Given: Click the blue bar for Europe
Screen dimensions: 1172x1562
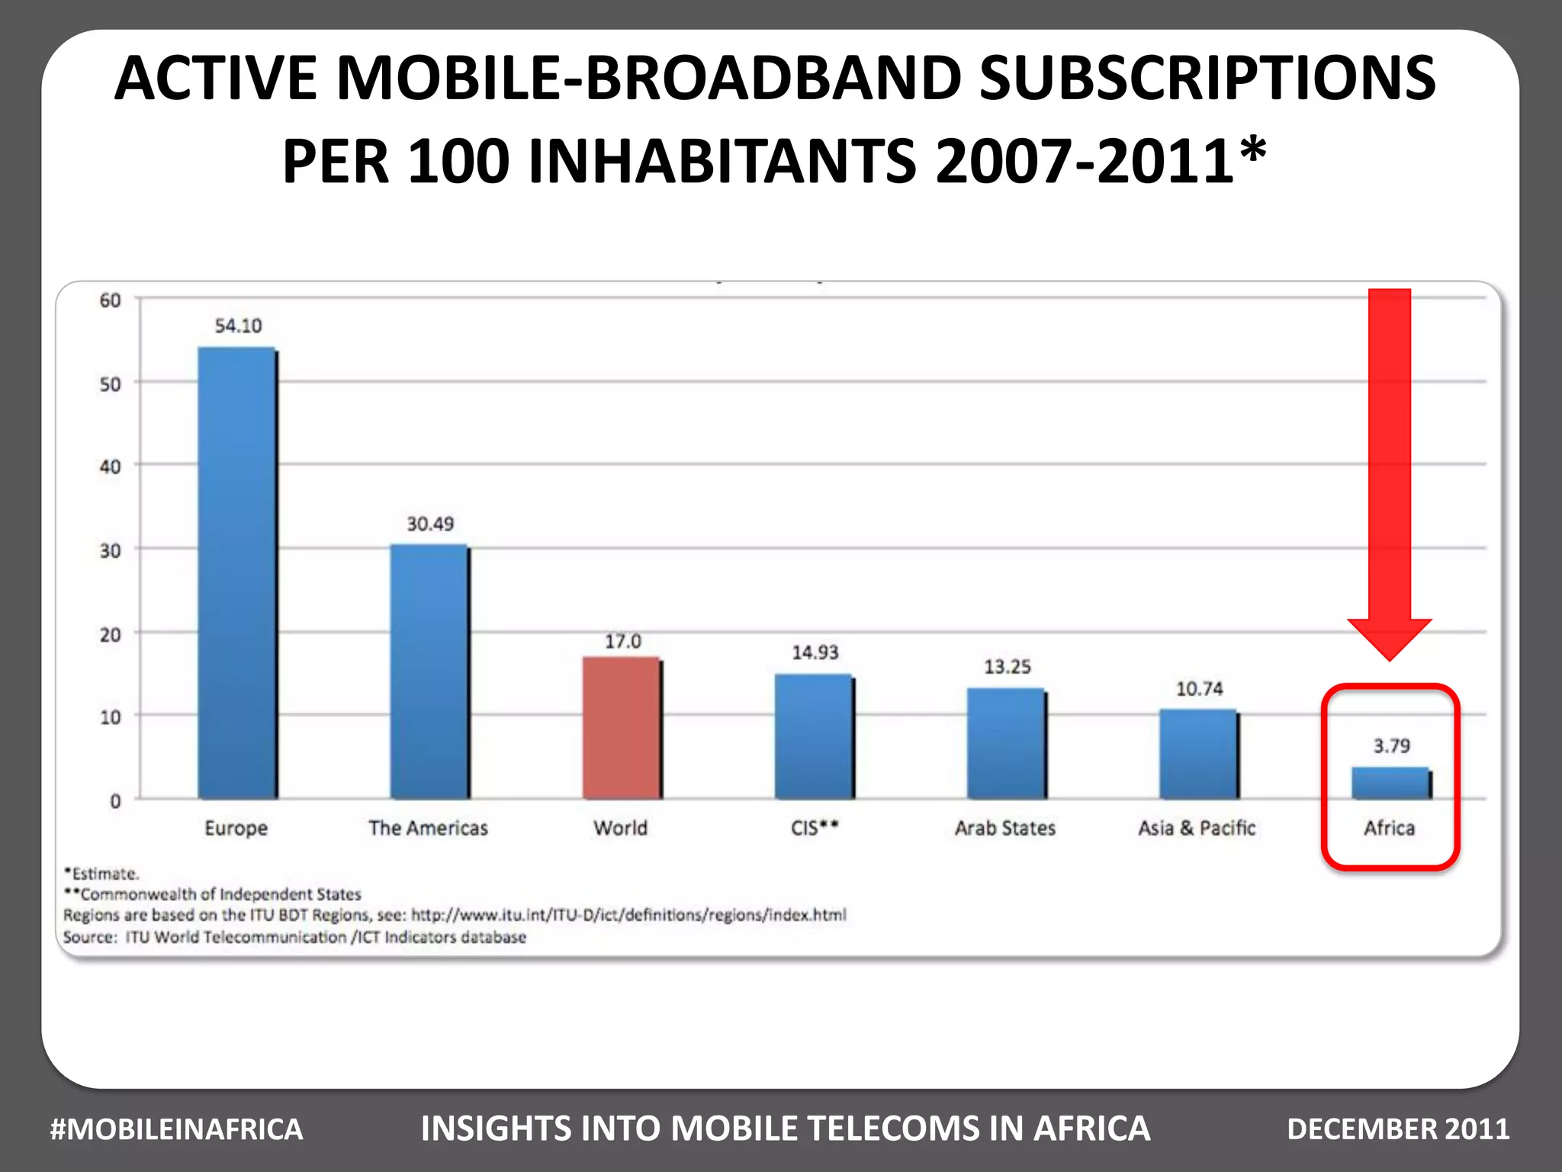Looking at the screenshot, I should [236, 572].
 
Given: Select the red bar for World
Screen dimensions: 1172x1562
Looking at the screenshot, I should [621, 728].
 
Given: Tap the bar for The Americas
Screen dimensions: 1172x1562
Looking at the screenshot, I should [429, 671].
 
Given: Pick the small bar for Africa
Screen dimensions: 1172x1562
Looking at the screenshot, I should [1390, 784].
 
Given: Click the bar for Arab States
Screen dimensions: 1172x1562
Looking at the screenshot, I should [1005, 743].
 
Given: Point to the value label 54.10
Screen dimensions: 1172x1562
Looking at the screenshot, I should [238, 327].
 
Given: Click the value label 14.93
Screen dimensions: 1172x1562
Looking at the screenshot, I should [815, 653].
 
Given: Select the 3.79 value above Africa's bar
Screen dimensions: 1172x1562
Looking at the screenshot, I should [1391, 746].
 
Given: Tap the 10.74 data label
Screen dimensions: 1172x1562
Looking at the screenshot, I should [1199, 690].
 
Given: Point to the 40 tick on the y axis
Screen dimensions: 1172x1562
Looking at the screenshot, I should [111, 466].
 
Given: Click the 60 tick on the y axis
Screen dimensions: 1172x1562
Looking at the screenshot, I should [111, 301].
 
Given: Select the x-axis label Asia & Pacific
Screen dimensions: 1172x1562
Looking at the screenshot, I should [1196, 829].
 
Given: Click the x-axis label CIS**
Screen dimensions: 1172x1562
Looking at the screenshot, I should [815, 829].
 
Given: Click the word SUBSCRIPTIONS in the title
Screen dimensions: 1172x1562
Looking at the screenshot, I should [1207, 79].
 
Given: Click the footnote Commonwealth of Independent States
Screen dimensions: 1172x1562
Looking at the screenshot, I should [220, 894].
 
